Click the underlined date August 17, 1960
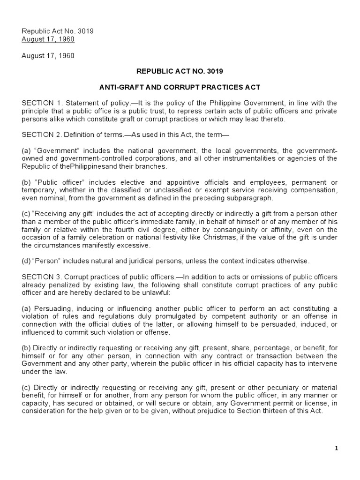point(48,39)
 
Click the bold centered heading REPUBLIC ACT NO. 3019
point(180,71)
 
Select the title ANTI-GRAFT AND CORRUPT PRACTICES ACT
point(180,87)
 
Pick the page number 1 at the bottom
point(336,449)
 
